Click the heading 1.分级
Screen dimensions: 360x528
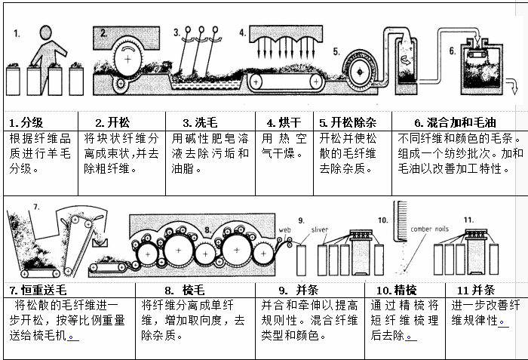click(26, 122)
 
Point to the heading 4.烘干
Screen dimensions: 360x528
click(284, 122)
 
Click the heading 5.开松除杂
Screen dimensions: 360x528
click(348, 122)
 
